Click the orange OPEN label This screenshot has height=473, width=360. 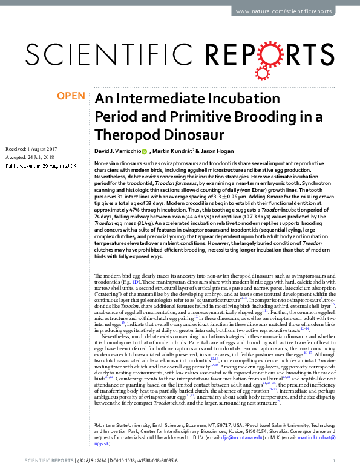[x=71, y=96]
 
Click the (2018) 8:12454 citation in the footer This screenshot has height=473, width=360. [x=85, y=460]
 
